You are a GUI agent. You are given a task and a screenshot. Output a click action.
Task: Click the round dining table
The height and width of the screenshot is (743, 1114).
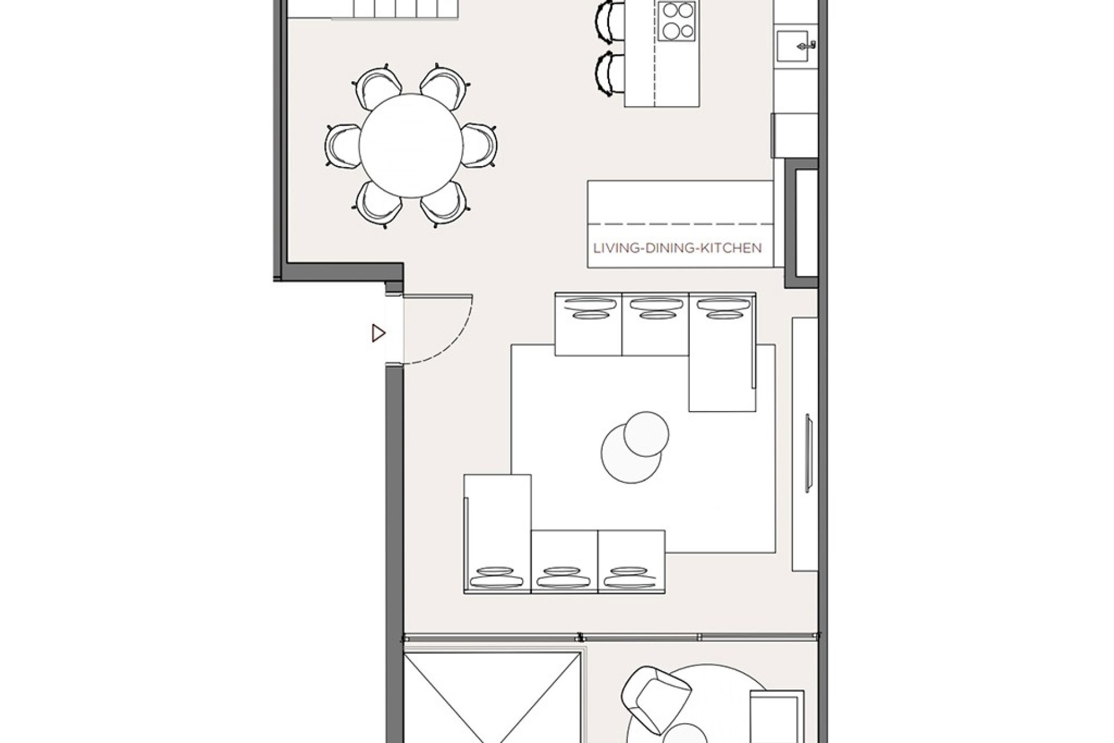tap(411, 146)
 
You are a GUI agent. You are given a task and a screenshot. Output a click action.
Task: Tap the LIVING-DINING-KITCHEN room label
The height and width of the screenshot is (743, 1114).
tap(677, 248)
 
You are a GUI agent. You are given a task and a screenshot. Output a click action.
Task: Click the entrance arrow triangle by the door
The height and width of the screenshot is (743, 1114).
tap(378, 333)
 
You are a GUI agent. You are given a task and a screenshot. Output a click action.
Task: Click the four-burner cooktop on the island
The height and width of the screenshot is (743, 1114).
tap(677, 21)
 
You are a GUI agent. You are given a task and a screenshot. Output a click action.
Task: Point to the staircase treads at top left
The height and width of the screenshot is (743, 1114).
tap(395, 9)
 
